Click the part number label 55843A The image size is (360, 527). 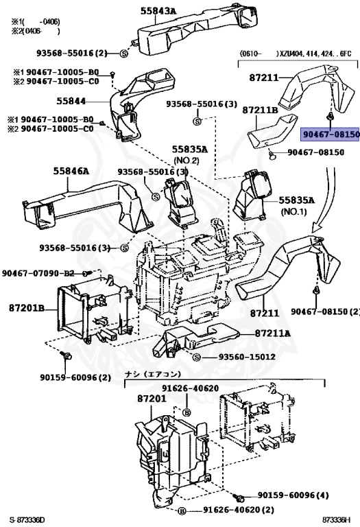(x=158, y=10)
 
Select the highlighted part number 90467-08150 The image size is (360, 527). (x=330, y=135)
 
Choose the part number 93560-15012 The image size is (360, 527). (x=248, y=358)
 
